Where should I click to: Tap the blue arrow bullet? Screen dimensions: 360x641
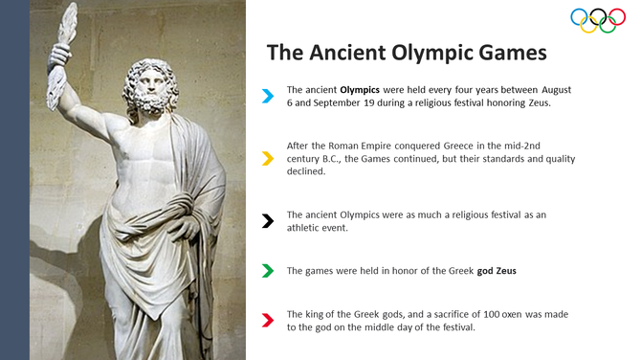[269, 95]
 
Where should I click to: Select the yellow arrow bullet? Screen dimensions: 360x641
[269, 159]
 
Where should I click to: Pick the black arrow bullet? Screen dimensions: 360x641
[269, 221]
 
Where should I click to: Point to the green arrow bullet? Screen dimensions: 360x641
[269, 271]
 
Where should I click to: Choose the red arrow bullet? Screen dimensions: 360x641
[269, 321]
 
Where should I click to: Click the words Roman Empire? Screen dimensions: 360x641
[371, 146]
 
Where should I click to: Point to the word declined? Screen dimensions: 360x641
[306, 171]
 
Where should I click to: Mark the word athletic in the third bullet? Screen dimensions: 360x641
[307, 228]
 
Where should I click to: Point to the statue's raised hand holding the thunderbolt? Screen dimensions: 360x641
[63, 56]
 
